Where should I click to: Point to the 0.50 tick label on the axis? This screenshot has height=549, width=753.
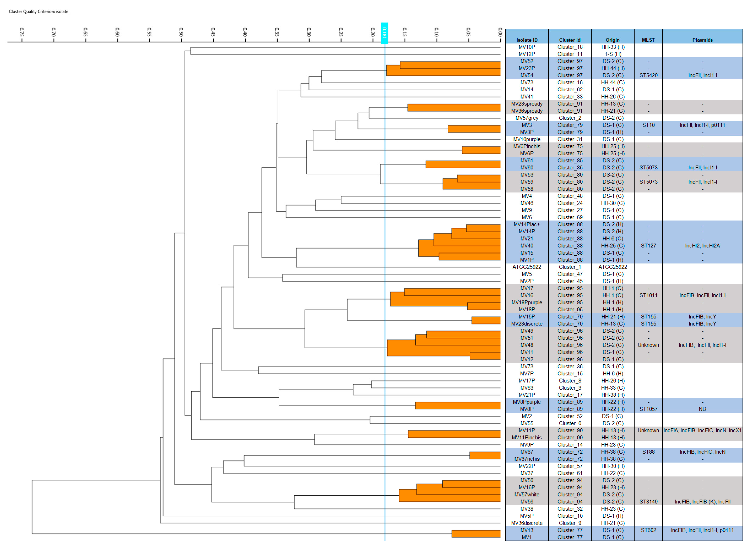(181, 32)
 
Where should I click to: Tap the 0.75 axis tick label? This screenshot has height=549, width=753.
(22, 32)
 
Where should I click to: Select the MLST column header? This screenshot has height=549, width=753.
(648, 40)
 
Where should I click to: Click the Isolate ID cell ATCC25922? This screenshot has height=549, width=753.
(526, 267)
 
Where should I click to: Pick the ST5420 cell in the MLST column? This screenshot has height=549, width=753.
(648, 76)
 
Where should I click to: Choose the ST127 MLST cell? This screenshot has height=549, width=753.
(648, 246)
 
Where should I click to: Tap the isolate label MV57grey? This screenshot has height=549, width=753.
(526, 118)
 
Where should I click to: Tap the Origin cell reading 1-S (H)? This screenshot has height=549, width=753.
(613, 54)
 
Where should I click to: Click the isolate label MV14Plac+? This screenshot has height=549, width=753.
(526, 224)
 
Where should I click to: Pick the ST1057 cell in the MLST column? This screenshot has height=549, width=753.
(648, 409)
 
